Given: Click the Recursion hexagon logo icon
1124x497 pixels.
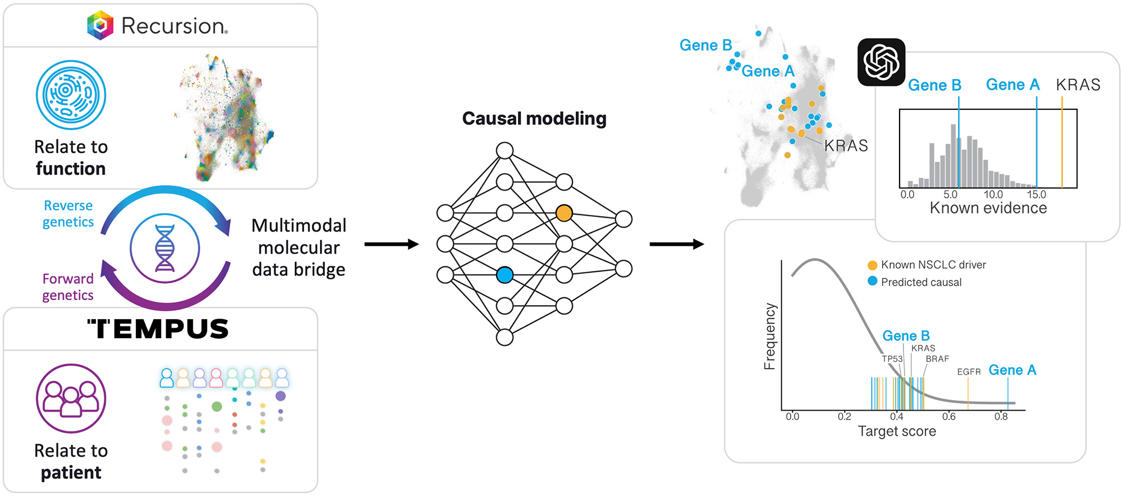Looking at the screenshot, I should click(x=100, y=25).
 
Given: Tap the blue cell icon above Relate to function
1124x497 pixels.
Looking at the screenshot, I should click(x=71, y=95).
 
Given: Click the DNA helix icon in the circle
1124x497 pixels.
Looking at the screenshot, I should click(x=165, y=248).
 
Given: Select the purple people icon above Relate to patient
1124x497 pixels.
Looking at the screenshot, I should click(x=71, y=398).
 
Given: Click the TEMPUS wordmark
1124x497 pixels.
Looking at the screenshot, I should click(x=159, y=329).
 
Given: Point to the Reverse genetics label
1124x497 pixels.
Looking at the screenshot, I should click(x=68, y=214).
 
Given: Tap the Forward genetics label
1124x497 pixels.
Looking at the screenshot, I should click(x=68, y=287).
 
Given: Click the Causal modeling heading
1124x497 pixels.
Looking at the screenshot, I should click(x=534, y=118).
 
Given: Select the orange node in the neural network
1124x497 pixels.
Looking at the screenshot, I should click(x=564, y=213).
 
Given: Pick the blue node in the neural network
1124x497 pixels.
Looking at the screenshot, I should click(x=504, y=275).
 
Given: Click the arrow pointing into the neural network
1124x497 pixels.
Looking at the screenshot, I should click(x=392, y=244).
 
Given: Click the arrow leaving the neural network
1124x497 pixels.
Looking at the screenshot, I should click(x=677, y=244).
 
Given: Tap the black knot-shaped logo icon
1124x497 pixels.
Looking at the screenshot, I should click(x=881, y=62).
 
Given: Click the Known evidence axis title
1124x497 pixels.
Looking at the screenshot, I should click(x=988, y=208).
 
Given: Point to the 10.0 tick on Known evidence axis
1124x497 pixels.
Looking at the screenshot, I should click(x=993, y=195).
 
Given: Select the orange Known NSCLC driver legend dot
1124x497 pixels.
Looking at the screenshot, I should click(x=872, y=265).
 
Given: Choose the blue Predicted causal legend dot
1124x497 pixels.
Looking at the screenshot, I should click(x=872, y=281).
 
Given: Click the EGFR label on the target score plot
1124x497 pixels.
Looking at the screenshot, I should click(x=969, y=372).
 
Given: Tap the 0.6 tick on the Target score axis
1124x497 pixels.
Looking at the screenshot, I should click(x=949, y=417).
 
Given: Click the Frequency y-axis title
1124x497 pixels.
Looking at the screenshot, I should click(x=769, y=337).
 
